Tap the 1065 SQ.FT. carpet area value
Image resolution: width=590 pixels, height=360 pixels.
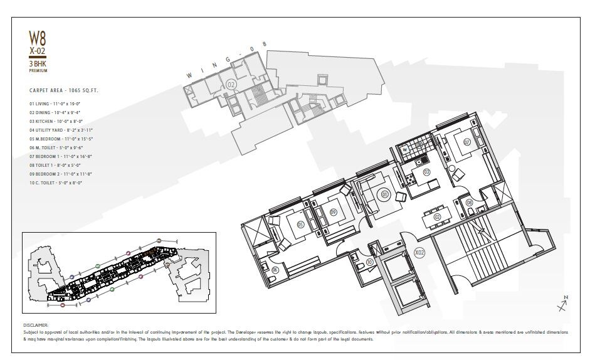(x=84, y=90)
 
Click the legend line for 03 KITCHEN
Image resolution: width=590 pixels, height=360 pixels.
(x=56, y=121)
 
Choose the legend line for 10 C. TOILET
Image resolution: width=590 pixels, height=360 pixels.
(x=56, y=182)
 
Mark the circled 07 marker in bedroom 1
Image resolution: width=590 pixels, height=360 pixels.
(x=467, y=142)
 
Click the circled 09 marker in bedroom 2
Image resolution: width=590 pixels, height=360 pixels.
(x=334, y=212)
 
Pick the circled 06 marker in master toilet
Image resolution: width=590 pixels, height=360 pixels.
(x=275, y=270)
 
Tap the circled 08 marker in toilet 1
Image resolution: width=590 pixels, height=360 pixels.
(x=468, y=202)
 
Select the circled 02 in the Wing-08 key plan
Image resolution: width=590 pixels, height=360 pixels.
(x=231, y=84)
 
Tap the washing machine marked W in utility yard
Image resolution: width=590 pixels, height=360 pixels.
(x=405, y=149)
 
